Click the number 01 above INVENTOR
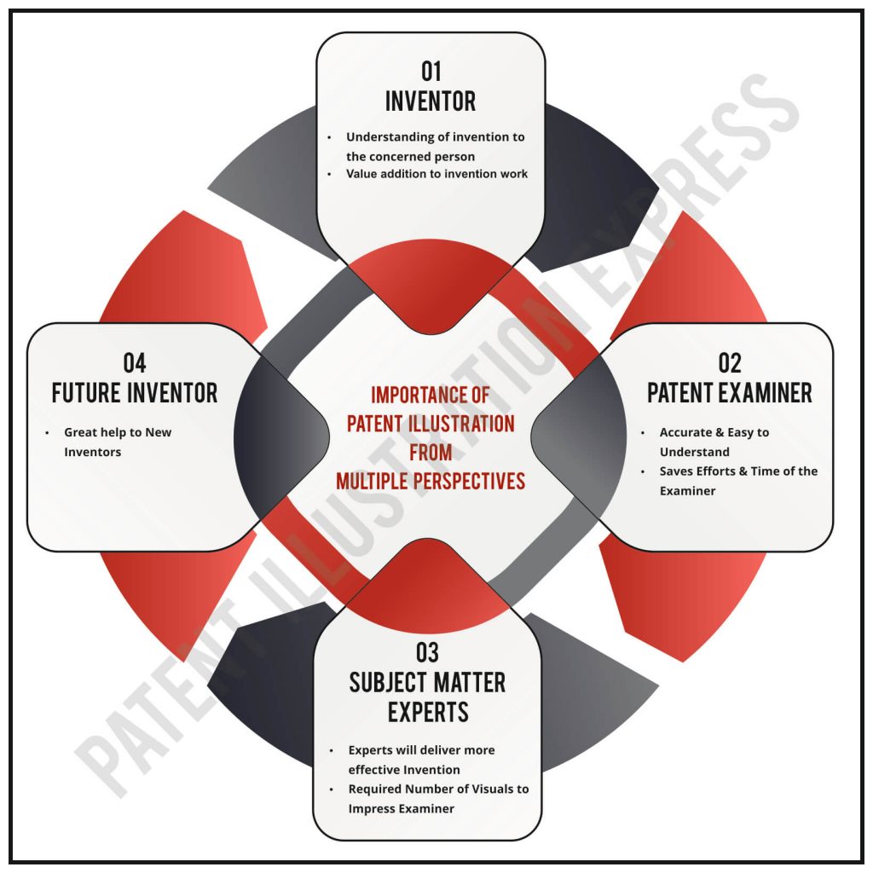[431, 70]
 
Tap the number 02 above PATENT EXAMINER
[730, 362]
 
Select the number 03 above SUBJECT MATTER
[427, 653]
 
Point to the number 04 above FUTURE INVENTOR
[135, 362]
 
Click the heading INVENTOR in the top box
[431, 101]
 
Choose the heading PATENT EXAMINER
[730, 393]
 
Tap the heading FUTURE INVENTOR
[135, 393]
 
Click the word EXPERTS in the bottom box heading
[428, 712]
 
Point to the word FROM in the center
[431, 452]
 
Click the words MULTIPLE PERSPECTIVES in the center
[431, 481]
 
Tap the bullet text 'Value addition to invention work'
[436, 174]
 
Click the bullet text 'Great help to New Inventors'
[118, 442]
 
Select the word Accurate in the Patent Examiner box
[688, 432]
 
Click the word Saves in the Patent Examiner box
[678, 471]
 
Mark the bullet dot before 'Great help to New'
[48, 433]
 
